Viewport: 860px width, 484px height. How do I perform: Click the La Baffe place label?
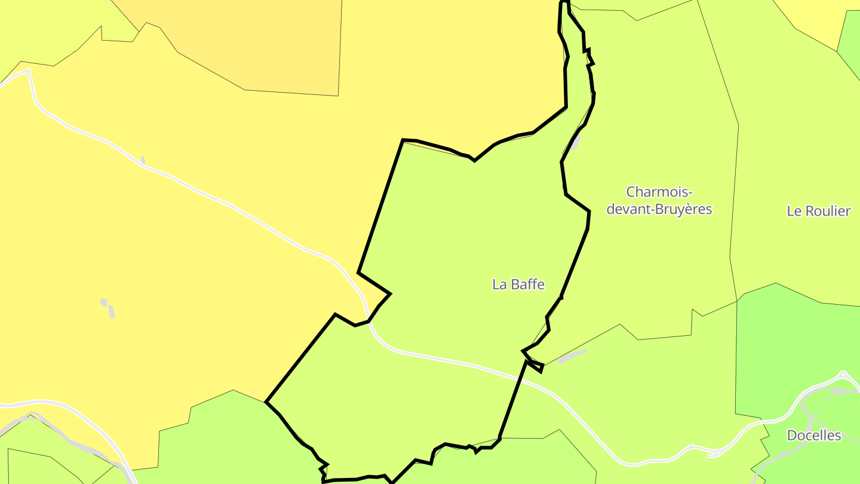[x=518, y=284]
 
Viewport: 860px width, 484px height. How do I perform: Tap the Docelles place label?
[x=813, y=436]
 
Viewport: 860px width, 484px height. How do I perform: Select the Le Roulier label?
[x=818, y=211]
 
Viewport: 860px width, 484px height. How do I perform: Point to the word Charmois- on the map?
[x=659, y=192]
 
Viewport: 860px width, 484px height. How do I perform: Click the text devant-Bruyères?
[x=659, y=210]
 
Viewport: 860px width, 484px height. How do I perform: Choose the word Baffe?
[x=527, y=284]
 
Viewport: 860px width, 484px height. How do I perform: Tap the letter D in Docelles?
[x=792, y=436]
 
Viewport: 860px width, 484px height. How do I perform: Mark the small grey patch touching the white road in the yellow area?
[x=143, y=160]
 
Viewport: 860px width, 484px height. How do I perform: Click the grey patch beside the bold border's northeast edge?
[x=575, y=142]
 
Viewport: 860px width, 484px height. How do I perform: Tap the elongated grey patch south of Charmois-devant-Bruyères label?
[x=572, y=356]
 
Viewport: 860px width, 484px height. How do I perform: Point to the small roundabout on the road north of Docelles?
[x=843, y=375]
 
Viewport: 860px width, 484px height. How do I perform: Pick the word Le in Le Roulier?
[x=794, y=211]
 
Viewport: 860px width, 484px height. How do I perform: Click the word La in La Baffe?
[x=499, y=284]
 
